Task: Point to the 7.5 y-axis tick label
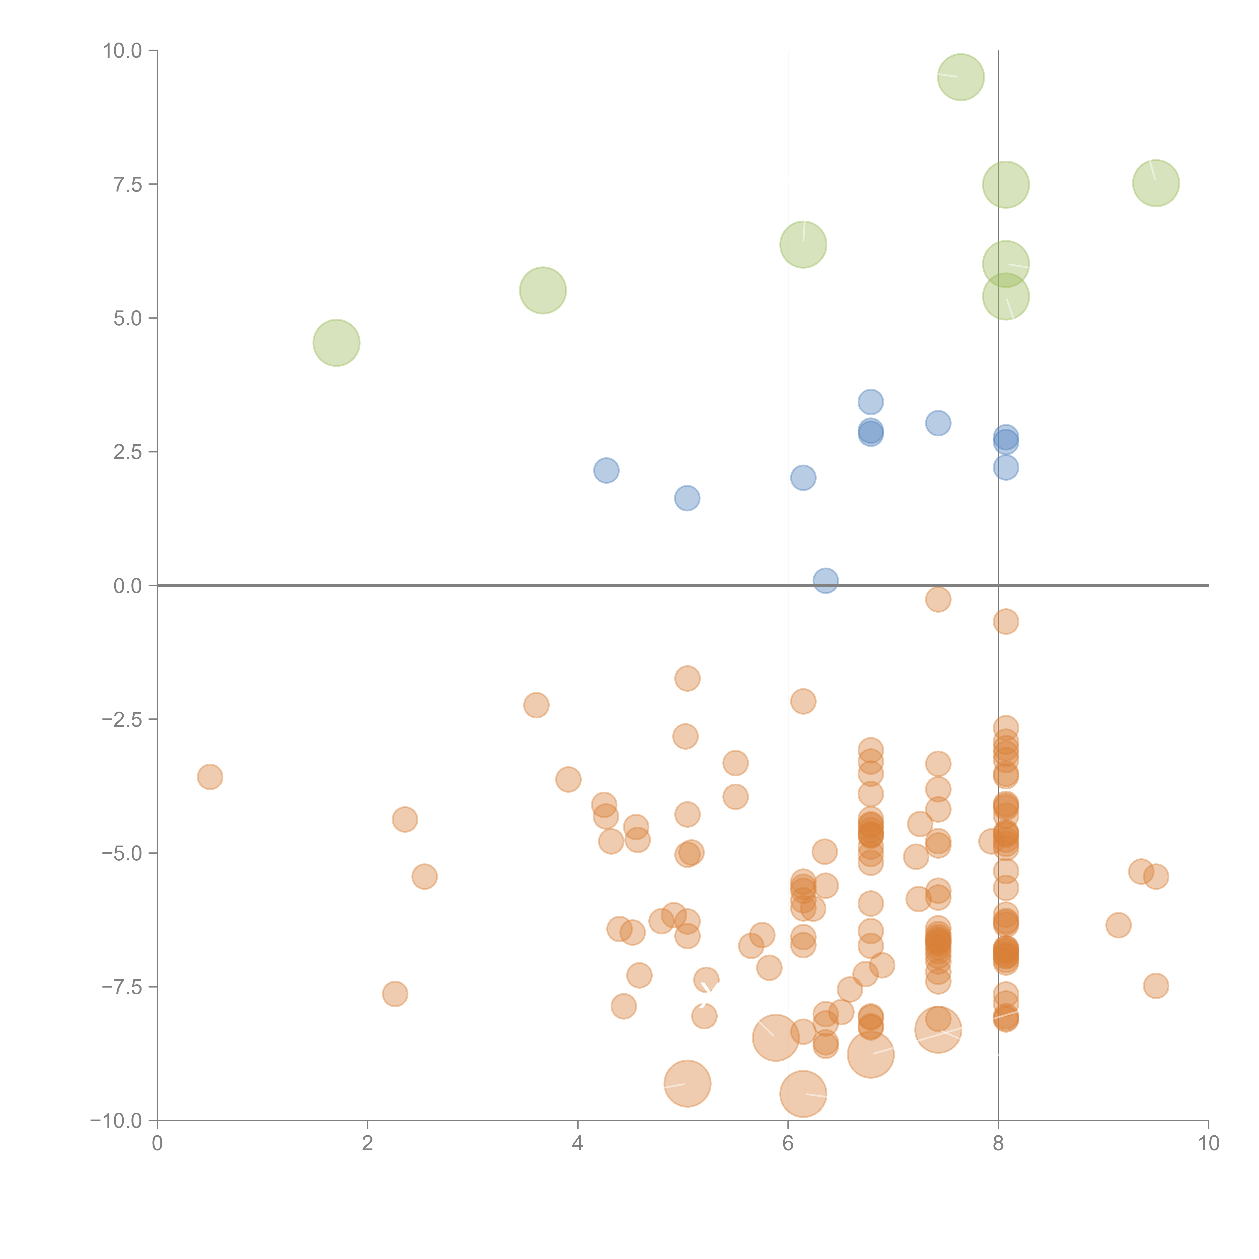click(128, 184)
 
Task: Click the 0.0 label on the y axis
click(128, 586)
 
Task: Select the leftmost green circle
click(336, 343)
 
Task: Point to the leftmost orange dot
click(210, 777)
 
